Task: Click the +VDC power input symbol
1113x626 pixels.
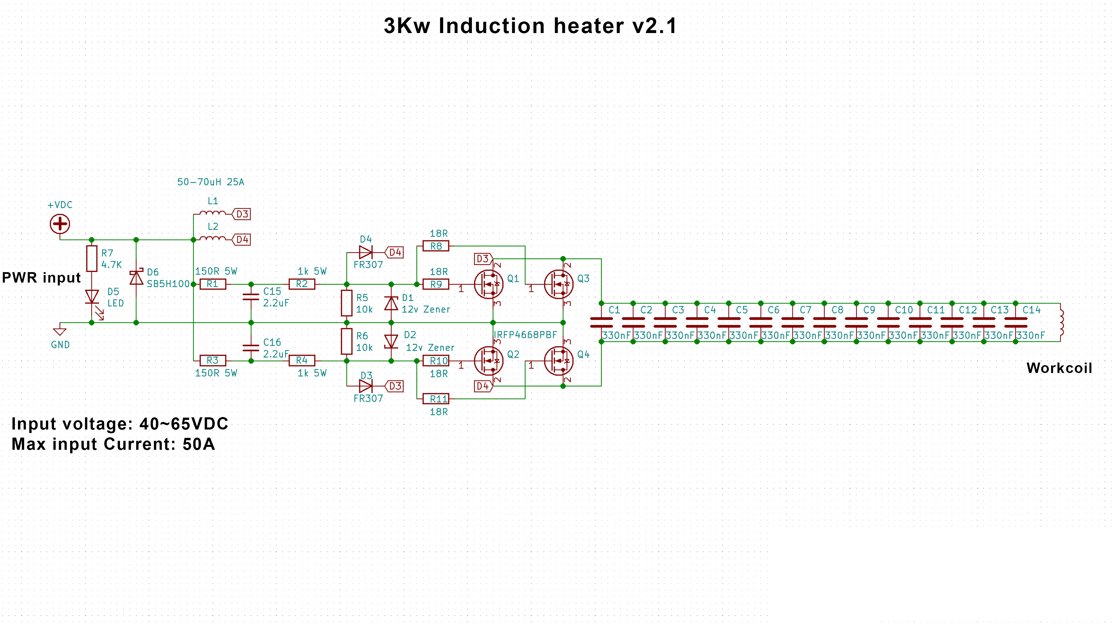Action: (x=60, y=224)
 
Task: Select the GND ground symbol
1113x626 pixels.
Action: (x=60, y=331)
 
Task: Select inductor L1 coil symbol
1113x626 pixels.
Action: (x=212, y=212)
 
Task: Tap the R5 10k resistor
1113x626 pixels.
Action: (x=347, y=303)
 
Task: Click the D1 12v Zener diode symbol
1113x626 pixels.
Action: (x=391, y=303)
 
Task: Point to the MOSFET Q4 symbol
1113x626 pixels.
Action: (x=559, y=361)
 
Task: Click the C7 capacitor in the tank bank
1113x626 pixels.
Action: (x=792, y=322)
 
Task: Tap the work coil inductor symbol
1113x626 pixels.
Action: (x=1061, y=322)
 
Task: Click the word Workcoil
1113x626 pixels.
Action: (x=1059, y=368)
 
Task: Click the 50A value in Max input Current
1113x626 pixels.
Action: (x=199, y=444)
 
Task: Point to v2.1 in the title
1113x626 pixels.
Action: (x=654, y=26)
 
